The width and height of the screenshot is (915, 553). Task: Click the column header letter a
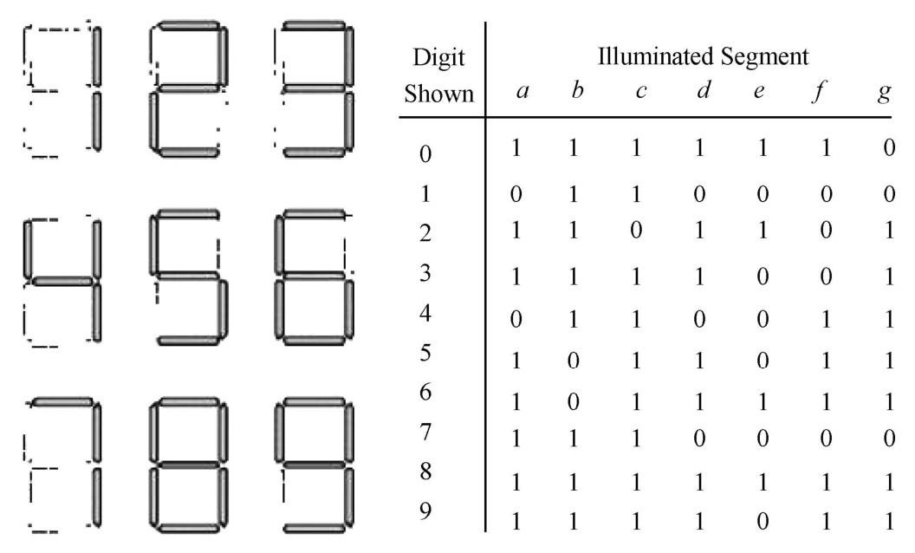coord(522,91)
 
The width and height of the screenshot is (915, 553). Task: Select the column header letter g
coord(885,92)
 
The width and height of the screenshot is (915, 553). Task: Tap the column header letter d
coord(704,89)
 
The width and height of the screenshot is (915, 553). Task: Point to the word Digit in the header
coord(438,58)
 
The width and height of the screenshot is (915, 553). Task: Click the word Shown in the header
coord(438,94)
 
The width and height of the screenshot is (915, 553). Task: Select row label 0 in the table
coord(425,154)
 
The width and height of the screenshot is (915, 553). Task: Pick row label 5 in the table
coord(425,353)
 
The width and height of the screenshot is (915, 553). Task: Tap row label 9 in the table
coord(425,511)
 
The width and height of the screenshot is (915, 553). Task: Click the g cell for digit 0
coord(889,147)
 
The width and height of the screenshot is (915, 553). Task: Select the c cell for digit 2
coord(636,230)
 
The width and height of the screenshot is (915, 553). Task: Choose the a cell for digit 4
coord(516,319)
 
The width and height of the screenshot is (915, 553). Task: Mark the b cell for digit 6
coord(573,402)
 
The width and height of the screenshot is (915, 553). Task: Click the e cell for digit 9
coord(762,520)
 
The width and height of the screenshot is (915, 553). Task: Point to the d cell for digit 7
coord(699,438)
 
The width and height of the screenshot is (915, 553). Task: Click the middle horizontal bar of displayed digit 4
coord(62,282)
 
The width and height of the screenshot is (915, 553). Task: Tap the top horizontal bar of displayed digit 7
coord(62,402)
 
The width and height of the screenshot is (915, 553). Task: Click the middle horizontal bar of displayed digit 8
coord(189,465)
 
